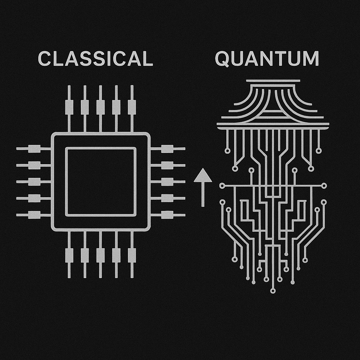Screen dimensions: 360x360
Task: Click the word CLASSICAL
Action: click(x=95, y=59)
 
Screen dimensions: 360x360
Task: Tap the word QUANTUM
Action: click(x=267, y=59)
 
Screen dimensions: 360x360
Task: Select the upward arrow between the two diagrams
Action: click(x=203, y=186)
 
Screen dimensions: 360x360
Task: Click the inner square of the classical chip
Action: click(x=101, y=181)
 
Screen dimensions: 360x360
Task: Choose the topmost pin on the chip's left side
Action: click(x=34, y=149)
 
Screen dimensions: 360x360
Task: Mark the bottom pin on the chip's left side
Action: click(x=34, y=215)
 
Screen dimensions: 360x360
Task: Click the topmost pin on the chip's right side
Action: click(x=167, y=149)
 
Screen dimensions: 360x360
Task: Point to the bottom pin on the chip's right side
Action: click(x=167, y=215)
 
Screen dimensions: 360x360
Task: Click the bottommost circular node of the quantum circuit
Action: click(x=273, y=291)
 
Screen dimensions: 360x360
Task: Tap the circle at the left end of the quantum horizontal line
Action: click(x=222, y=185)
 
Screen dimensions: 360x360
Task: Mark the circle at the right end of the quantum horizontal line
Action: click(x=324, y=185)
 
